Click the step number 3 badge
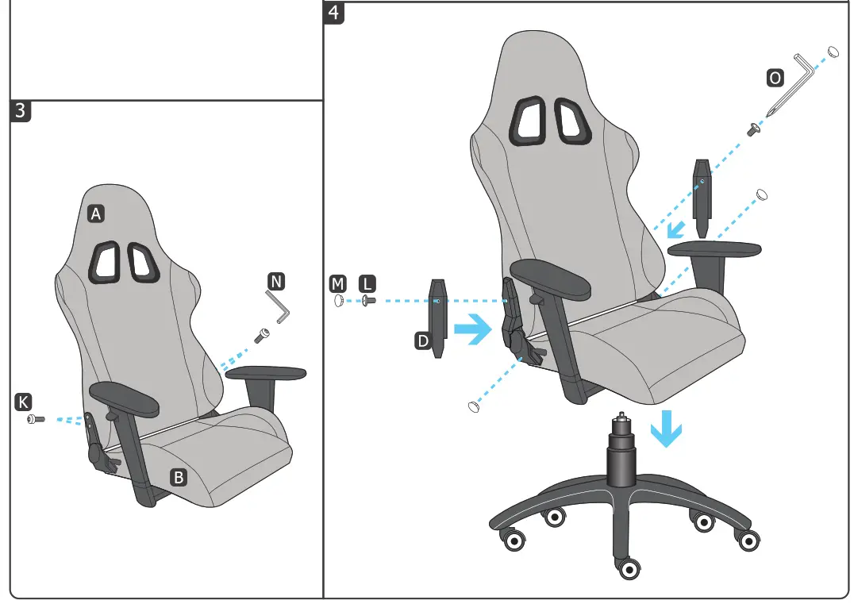pos(21,112)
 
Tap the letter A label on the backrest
pos(96,214)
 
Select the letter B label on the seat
pos(179,477)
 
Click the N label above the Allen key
pos(275,281)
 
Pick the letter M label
pos(337,283)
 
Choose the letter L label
pos(367,283)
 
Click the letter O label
pos(774,78)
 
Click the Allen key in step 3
pos(278,306)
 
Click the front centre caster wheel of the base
pos(629,568)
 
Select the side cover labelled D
pos(438,317)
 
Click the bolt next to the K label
pos(36,418)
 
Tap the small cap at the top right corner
pos(833,52)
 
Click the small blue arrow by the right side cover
pos(676,230)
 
